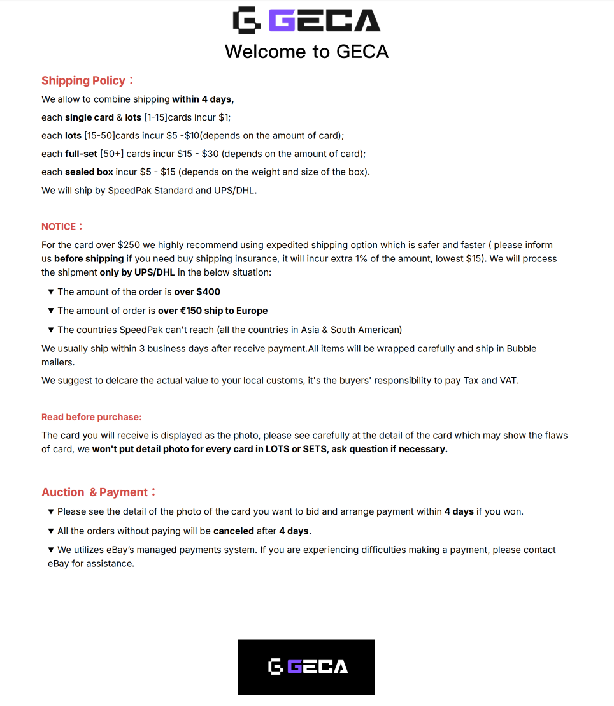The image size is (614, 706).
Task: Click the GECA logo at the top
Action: pyautogui.click(x=306, y=20)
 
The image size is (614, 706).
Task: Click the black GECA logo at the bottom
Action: pyautogui.click(x=306, y=666)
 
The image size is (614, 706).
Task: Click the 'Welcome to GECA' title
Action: pyautogui.click(x=306, y=51)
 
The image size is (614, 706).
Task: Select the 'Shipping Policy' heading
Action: pyautogui.click(x=83, y=80)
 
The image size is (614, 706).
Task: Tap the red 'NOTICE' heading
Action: pyautogui.click(x=59, y=226)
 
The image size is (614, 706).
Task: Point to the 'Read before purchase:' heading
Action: pyautogui.click(x=92, y=417)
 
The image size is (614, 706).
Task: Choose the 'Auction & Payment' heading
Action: pyautogui.click(x=95, y=492)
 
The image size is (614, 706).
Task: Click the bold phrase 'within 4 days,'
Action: pyautogui.click(x=203, y=99)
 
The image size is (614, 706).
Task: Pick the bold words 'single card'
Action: pyautogui.click(x=89, y=117)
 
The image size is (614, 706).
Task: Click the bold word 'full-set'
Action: pyautogui.click(x=81, y=154)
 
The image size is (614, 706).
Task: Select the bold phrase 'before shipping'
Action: pyautogui.click(x=89, y=258)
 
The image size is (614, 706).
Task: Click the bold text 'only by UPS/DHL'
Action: pyautogui.click(x=137, y=272)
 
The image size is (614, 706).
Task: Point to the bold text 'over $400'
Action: pyautogui.click(x=197, y=291)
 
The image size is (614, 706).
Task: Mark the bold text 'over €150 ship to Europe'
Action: pyautogui.click(x=213, y=311)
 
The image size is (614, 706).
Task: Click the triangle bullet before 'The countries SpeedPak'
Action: pyautogui.click(x=51, y=330)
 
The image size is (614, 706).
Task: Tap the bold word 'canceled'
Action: pyautogui.click(x=233, y=531)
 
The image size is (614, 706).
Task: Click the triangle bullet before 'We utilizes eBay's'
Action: pyautogui.click(x=51, y=550)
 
